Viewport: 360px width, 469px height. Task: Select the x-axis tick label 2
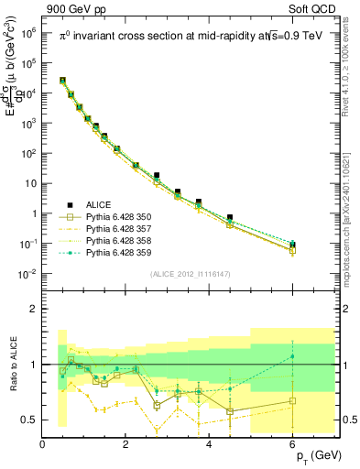(x=126, y=445)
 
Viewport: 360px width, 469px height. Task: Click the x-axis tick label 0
(x=43, y=445)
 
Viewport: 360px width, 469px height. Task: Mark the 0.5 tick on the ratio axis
(x=30, y=420)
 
